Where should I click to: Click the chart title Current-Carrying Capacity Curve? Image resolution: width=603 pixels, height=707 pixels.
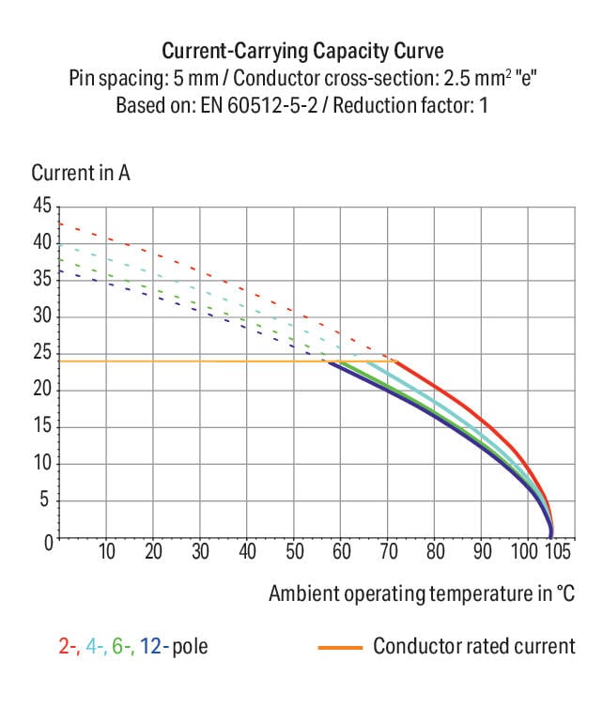301,50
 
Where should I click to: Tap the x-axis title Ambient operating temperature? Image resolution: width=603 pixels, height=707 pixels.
421,593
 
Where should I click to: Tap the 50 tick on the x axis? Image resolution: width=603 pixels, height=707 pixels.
294,550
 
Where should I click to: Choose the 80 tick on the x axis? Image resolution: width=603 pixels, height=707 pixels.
435,550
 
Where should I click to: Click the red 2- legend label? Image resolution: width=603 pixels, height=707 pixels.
66,646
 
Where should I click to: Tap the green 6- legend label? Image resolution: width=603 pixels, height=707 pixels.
124,646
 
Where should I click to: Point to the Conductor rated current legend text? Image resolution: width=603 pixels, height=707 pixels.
474,646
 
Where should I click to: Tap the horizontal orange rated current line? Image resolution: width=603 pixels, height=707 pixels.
188,361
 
